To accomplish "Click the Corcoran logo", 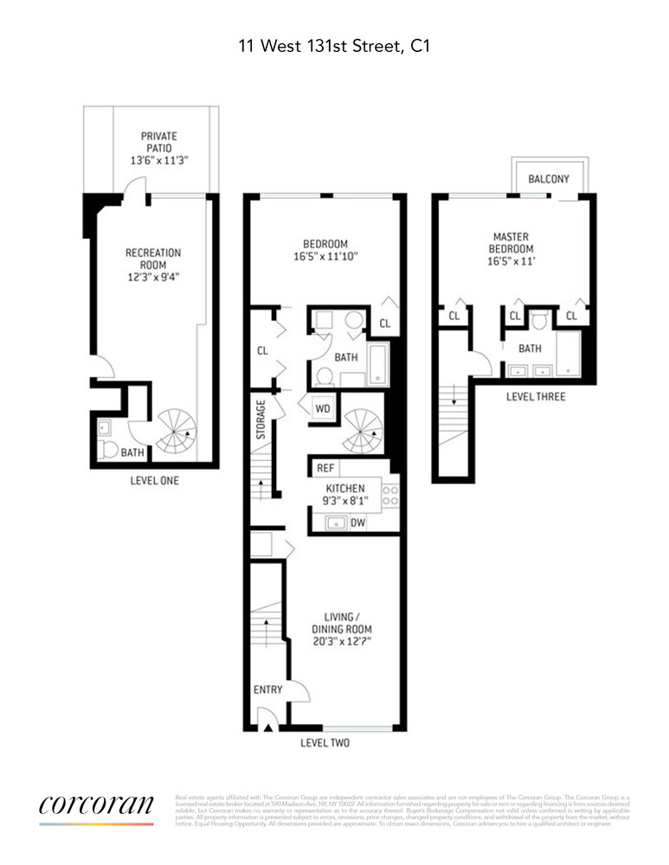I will click(x=96, y=804).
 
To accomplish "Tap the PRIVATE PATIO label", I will click(x=159, y=142).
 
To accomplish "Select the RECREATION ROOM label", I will click(x=153, y=259).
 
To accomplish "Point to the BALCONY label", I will click(x=549, y=179).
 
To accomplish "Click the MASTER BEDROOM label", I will click(x=511, y=242).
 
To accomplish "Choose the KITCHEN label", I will click(x=344, y=489).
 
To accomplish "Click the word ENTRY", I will click(x=268, y=689).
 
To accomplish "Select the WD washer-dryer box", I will click(x=322, y=407).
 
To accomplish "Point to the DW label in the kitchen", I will click(x=357, y=522).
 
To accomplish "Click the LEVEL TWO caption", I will click(x=325, y=743).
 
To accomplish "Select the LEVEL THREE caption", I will click(x=536, y=397).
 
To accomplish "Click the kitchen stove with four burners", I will click(x=389, y=496).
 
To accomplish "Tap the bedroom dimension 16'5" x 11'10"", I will click(x=325, y=256).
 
